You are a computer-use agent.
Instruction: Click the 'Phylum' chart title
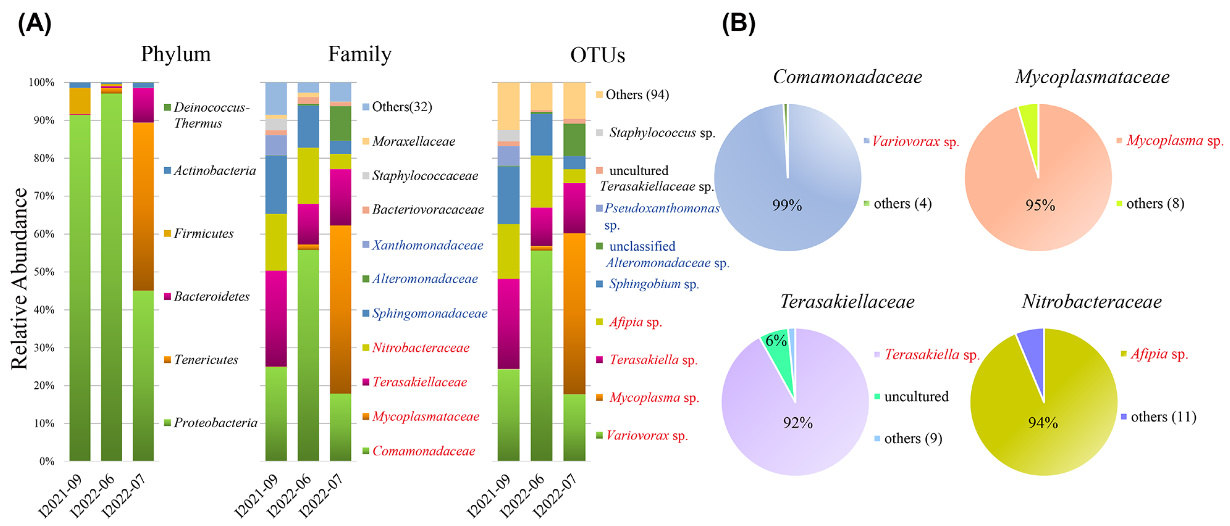coord(176,54)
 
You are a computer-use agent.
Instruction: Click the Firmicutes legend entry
coord(203,233)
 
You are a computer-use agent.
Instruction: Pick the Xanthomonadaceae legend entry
coord(427,245)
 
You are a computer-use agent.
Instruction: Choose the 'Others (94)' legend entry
coord(637,94)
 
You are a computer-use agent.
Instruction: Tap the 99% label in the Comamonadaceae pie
coord(786,205)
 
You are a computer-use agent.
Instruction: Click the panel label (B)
coord(738,23)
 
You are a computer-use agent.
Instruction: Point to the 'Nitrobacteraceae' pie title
coord(1092,301)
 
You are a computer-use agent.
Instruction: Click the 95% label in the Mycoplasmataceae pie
coord(1040,205)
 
